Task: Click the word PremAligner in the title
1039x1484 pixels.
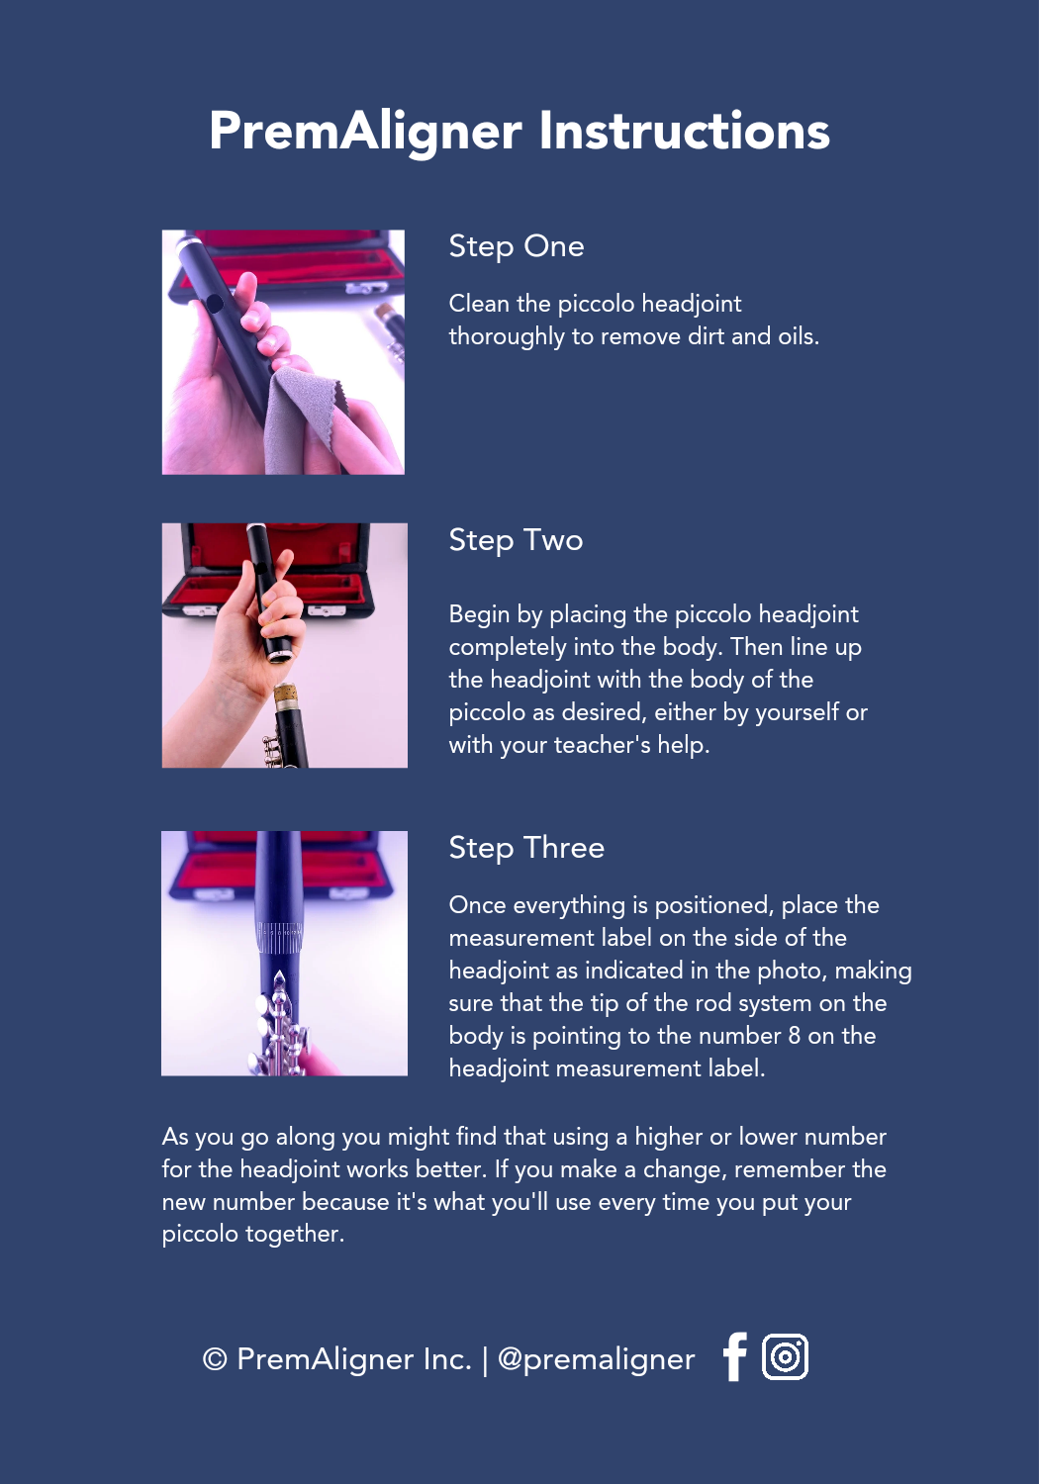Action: (366, 133)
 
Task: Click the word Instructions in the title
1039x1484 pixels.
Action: (684, 131)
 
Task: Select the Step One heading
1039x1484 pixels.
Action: (517, 246)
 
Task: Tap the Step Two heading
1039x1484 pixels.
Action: (516, 540)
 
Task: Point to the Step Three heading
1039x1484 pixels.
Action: (526, 848)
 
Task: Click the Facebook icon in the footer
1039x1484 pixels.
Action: (734, 1356)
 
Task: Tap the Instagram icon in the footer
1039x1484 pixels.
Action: (785, 1356)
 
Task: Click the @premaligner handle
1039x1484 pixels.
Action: (596, 1359)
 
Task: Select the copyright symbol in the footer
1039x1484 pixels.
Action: (215, 1359)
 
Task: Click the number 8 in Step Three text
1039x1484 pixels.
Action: (794, 1036)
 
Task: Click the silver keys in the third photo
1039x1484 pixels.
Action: (278, 1024)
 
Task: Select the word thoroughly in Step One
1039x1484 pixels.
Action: (507, 337)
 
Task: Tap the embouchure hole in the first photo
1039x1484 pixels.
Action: (214, 304)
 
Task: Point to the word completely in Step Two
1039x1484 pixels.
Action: (507, 647)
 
